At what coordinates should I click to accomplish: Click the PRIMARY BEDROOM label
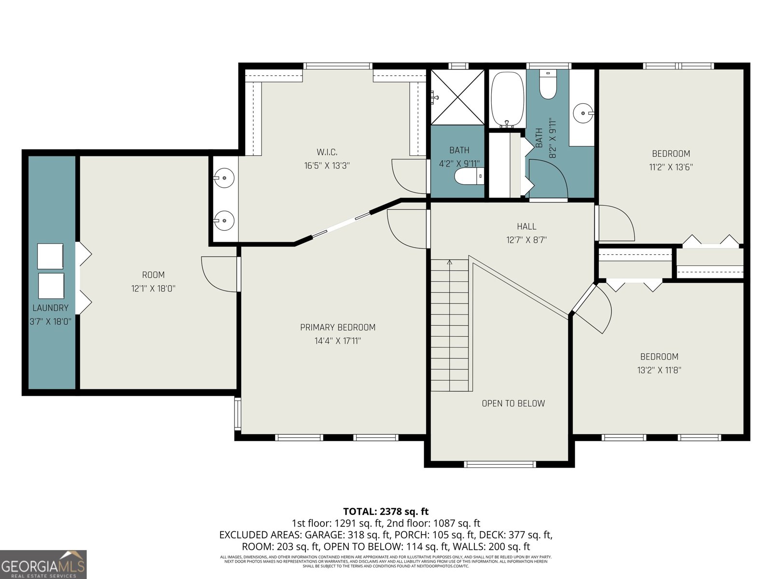point(338,327)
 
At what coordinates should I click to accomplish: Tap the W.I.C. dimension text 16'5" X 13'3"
point(327,165)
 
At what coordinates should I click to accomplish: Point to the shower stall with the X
point(457,97)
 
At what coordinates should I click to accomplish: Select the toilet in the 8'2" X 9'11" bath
point(548,85)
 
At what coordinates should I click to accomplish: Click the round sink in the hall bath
point(583,113)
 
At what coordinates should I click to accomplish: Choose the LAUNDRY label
point(51,308)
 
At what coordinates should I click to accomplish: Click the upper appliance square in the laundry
point(51,256)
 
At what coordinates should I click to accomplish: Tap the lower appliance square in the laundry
point(51,286)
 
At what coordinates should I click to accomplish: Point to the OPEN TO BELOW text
point(513,403)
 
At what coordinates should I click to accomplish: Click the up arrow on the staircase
point(450,263)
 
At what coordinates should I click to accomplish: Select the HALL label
point(526,226)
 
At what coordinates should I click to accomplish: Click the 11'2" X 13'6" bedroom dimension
point(671,167)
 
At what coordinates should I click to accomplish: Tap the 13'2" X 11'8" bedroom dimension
point(659,371)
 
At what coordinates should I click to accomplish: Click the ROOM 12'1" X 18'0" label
point(153,275)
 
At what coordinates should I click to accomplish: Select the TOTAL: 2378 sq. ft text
point(386,511)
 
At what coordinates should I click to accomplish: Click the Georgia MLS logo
point(43,565)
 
